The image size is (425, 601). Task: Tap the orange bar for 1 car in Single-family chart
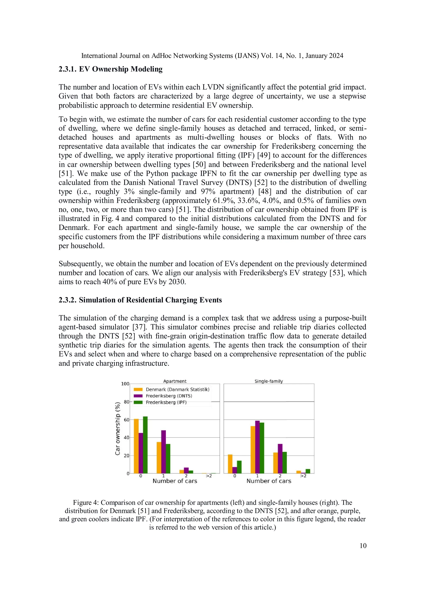(x=253, y=449)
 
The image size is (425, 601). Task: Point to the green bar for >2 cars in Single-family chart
(x=308, y=471)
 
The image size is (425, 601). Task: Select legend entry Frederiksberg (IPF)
(x=166, y=402)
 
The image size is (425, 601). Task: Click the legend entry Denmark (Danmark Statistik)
(x=177, y=389)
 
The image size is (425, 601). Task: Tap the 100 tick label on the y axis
(x=125, y=384)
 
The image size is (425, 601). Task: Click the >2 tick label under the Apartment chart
(x=209, y=476)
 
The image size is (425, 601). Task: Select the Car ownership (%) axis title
(x=118, y=428)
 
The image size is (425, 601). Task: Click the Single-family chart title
(x=269, y=381)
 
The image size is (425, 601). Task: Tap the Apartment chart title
(x=175, y=381)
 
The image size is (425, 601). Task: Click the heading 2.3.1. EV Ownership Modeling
(x=110, y=69)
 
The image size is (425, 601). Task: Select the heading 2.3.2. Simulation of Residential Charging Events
(x=140, y=300)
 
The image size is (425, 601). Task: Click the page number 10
(x=363, y=546)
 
